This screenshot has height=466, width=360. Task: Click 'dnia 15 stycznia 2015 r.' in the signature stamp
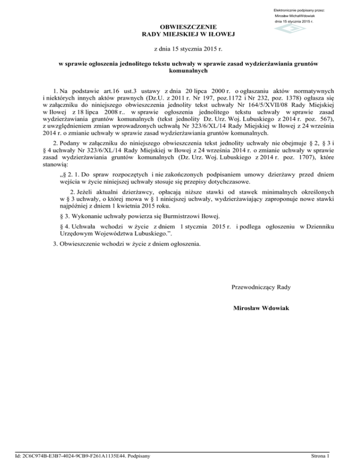point(294,22)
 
